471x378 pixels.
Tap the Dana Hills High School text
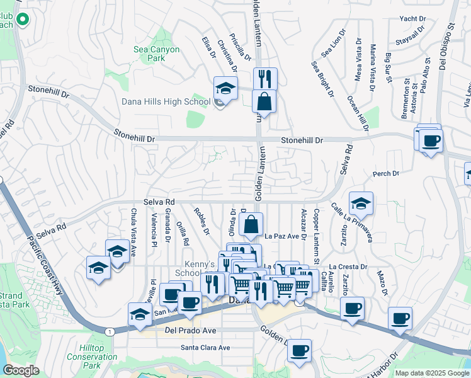tap(165, 101)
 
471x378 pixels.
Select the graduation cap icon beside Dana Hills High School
tap(225, 88)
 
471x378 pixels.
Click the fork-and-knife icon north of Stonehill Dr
tap(264, 78)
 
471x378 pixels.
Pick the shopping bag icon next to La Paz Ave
tap(251, 224)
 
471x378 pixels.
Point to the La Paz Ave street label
tap(280, 237)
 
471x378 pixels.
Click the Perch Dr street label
tap(386, 173)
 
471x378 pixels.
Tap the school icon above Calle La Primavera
tap(361, 203)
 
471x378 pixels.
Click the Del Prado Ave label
tap(190, 330)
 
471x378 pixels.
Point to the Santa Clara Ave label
tap(205, 347)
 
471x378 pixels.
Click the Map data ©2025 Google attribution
tap(432, 373)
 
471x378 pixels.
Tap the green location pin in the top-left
tap(23, 20)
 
